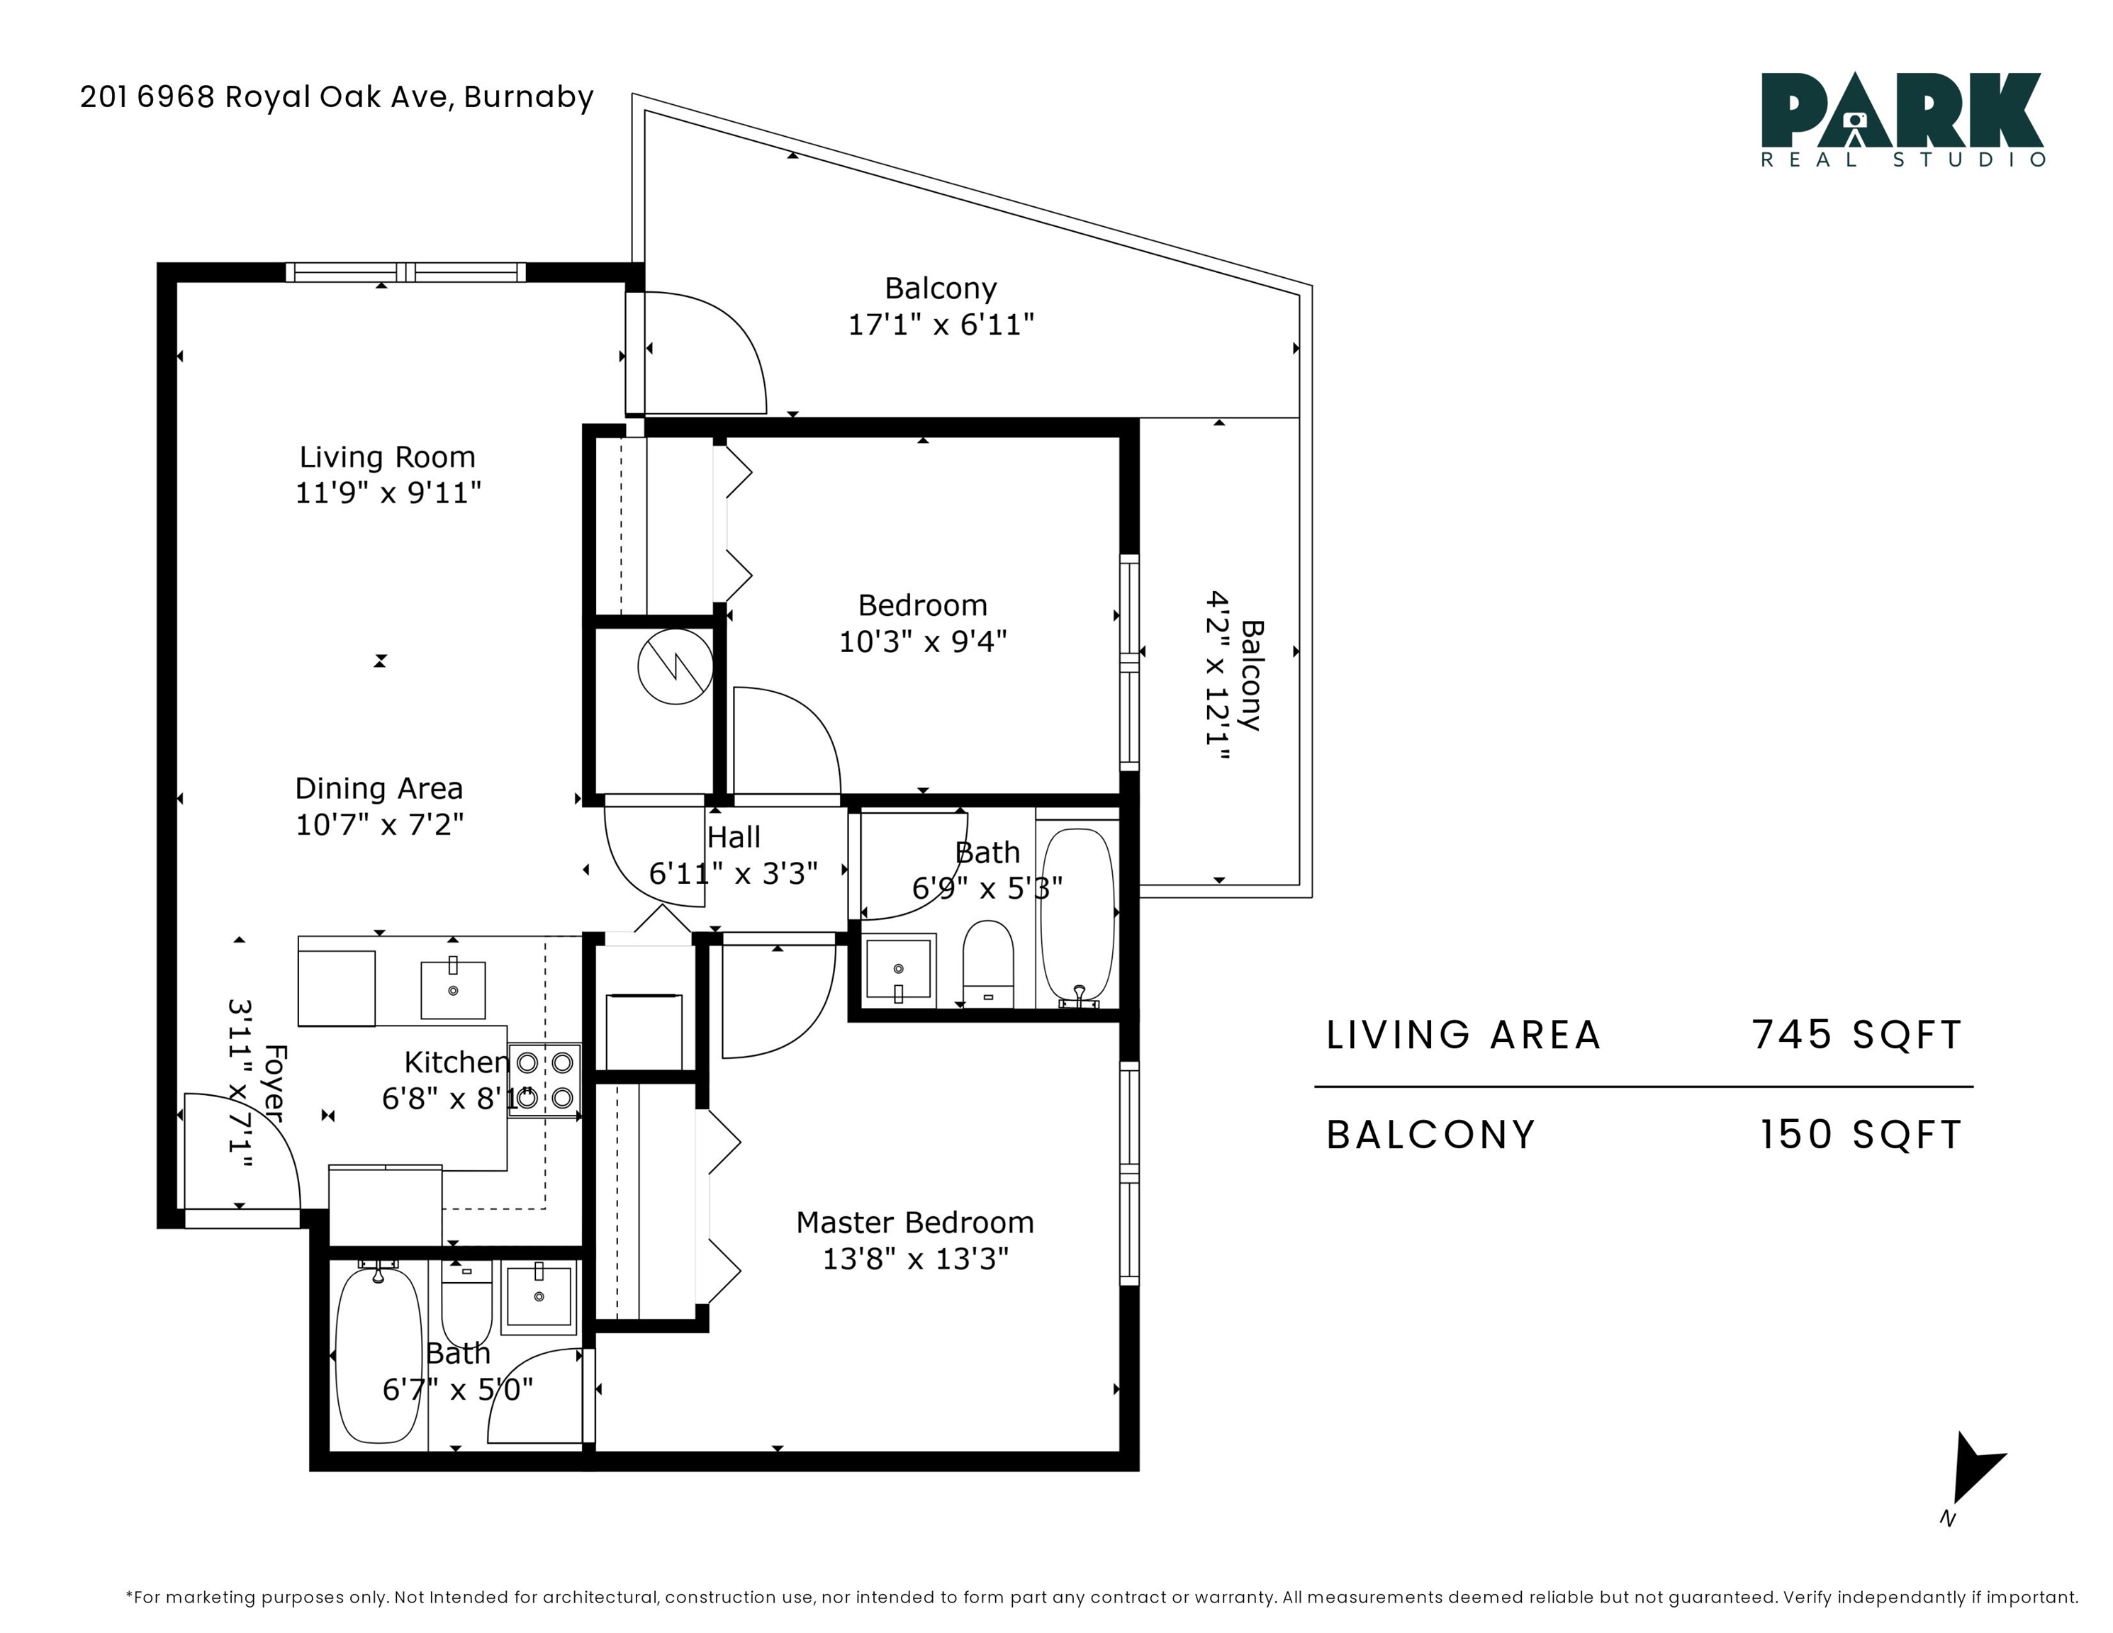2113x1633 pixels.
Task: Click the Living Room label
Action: (387, 456)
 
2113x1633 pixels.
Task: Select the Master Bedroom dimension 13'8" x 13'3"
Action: (915, 1259)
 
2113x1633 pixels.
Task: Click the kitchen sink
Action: (453, 988)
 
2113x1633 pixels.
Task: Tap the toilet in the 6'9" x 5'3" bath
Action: (988, 963)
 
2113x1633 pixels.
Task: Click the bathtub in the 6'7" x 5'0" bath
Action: (379, 1354)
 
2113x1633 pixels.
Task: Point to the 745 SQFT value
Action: (1856, 1034)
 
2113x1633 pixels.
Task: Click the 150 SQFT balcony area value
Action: (1859, 1135)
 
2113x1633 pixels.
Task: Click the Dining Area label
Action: (379, 788)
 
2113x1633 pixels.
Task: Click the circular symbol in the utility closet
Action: (676, 666)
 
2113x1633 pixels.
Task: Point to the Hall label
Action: (734, 837)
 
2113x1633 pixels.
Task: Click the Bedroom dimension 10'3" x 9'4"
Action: (923, 641)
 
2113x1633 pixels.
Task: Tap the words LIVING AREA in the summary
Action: (1464, 1035)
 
